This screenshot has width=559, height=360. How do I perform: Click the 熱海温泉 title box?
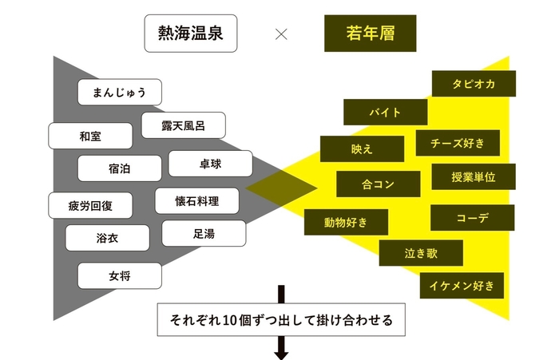(190, 34)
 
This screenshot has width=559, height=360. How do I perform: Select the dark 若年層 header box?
(370, 34)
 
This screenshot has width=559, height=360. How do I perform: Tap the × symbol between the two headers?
(280, 34)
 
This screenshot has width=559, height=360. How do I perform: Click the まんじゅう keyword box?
(120, 92)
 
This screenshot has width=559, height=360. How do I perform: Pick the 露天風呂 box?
(183, 125)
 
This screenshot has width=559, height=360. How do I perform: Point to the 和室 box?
(90, 136)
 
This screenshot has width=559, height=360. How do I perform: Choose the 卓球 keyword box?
(211, 164)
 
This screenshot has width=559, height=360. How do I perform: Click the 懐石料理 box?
(196, 200)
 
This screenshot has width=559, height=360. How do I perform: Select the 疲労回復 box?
(90, 206)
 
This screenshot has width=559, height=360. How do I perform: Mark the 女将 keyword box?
(119, 276)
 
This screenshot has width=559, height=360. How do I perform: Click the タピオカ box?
(474, 84)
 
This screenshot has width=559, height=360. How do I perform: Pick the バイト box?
(385, 112)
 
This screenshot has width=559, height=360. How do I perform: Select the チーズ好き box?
(458, 143)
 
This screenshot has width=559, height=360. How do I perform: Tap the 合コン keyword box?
(378, 184)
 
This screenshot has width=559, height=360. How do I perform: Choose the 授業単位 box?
(473, 176)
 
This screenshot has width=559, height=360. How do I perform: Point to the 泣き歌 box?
(420, 253)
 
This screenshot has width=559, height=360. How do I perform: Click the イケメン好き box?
(462, 285)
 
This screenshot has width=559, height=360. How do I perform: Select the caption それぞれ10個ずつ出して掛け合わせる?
(282, 320)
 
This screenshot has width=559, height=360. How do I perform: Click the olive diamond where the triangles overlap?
(281, 187)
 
